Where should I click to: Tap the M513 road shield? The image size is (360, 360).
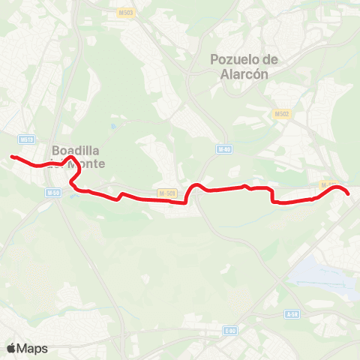pos(27,139)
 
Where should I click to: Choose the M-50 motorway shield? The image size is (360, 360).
pos(52,193)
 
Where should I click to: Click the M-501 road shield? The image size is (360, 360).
pos(167,193)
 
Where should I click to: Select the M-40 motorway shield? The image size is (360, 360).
pos(223,149)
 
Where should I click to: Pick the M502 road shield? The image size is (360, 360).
pos(281,114)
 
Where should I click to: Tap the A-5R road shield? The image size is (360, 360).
pos(293,313)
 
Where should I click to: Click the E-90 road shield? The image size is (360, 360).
pos(230,330)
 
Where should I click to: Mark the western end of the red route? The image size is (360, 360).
pos(12,157)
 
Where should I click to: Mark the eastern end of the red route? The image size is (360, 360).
pos(349,194)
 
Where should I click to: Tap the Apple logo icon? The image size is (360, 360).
pos(11,348)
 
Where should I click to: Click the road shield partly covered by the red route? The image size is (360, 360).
pos(326,184)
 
